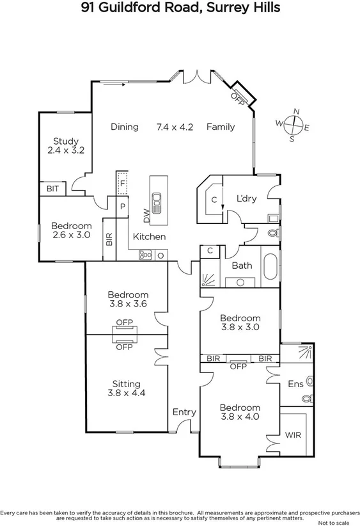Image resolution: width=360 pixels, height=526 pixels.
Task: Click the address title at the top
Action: click(180, 8)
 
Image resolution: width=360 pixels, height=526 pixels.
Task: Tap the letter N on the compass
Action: click(296, 111)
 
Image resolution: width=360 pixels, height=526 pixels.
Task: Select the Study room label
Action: click(66, 141)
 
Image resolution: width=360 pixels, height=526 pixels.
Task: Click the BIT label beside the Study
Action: click(52, 189)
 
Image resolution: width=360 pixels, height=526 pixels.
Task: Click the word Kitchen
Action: click(149, 237)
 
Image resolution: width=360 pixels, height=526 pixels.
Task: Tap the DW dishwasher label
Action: click(146, 216)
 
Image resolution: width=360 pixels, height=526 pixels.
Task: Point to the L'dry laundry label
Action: click(246, 198)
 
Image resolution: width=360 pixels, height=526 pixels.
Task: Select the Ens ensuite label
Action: click(295, 384)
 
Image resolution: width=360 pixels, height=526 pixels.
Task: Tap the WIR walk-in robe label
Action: click(293, 435)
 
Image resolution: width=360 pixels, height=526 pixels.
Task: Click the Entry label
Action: click(184, 412)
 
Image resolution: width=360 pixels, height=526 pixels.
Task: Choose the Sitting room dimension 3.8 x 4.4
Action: click(127, 394)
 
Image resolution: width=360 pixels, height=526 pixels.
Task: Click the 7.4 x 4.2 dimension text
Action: click(175, 127)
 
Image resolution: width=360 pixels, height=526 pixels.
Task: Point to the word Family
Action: click(220, 127)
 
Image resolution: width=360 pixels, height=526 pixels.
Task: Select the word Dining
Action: click(124, 127)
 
